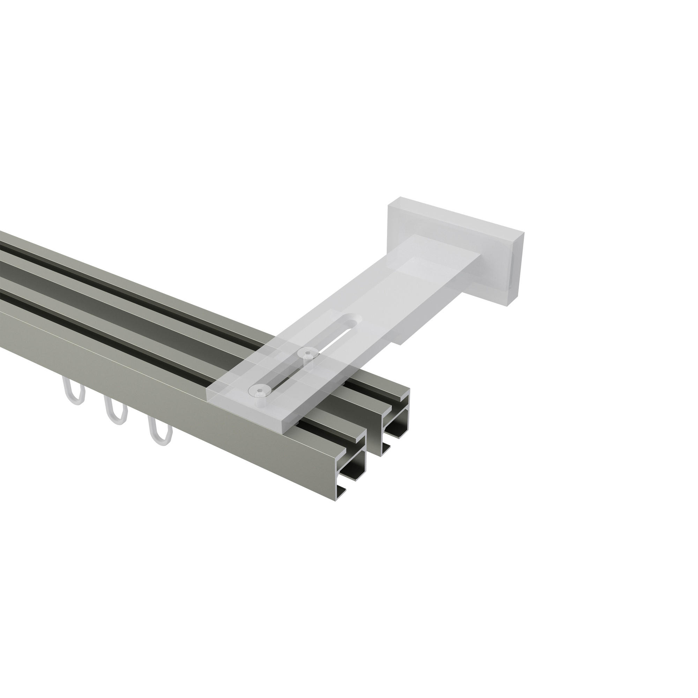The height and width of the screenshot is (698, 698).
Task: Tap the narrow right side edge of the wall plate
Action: [x=520, y=266]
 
